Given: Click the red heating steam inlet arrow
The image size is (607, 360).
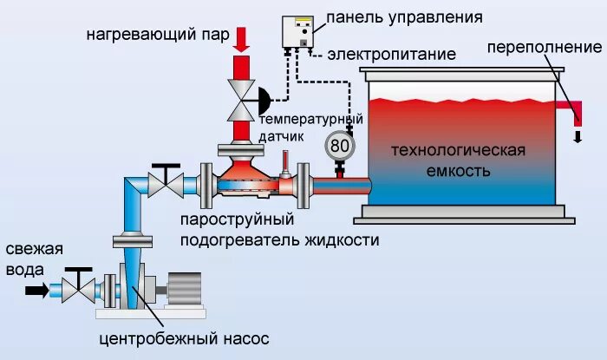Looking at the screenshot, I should tap(242, 39).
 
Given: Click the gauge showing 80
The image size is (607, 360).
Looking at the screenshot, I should tap(340, 146).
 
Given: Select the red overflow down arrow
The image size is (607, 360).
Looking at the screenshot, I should tap(577, 136).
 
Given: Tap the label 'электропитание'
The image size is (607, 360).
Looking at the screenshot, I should tap(392, 55).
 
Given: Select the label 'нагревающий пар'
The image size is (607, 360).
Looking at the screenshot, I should tap(157, 36).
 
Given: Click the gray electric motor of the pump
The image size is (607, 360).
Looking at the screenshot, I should tap(183, 289).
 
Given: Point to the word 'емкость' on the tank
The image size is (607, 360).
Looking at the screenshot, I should tap(459, 170).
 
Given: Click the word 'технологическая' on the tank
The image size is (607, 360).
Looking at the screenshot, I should tap(459, 150).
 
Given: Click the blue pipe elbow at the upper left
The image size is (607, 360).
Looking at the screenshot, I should tap(131, 186).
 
